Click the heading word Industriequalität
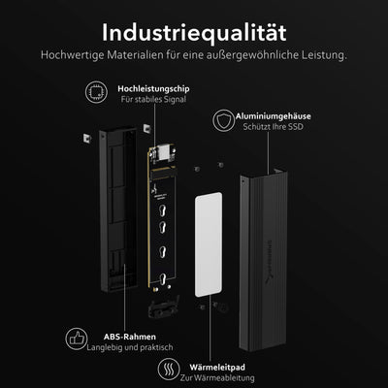[193, 22]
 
